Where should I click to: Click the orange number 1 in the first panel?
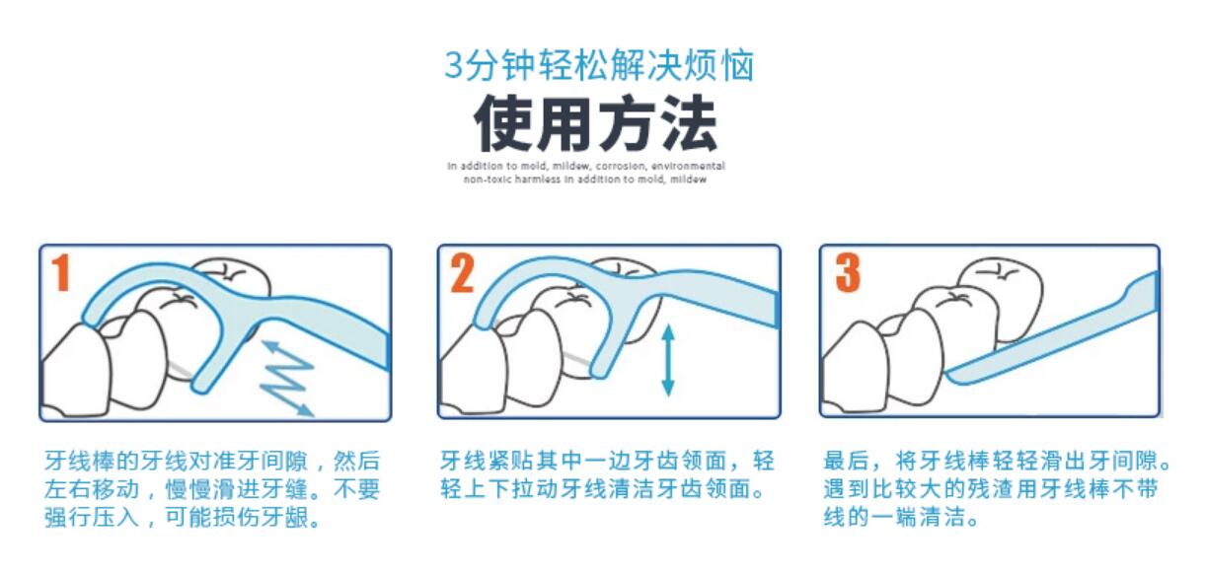[x=61, y=273]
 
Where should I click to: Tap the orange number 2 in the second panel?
[x=462, y=273]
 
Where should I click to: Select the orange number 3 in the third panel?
[x=847, y=273]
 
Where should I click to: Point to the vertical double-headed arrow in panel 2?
[x=668, y=361]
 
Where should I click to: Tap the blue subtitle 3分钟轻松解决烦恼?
[x=599, y=65]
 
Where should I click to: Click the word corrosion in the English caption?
[x=621, y=167]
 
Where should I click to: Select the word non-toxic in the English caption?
[x=485, y=180]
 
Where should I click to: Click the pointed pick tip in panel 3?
[x=953, y=376]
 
